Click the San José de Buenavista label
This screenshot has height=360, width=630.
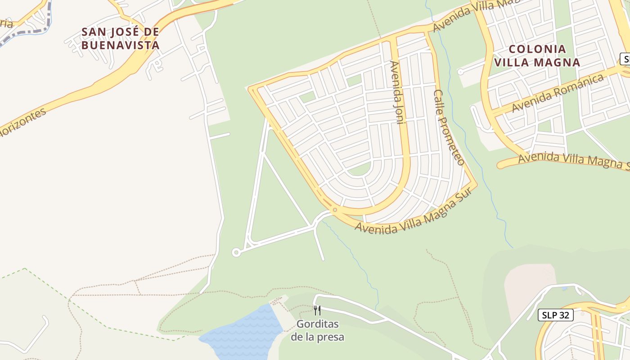(x=120, y=38)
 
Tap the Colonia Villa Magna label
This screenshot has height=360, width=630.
(x=537, y=55)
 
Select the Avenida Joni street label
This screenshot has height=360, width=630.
(x=398, y=92)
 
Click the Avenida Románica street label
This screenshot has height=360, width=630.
(x=558, y=93)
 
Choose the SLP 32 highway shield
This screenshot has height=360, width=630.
(x=555, y=315)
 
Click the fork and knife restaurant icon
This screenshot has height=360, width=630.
(x=317, y=310)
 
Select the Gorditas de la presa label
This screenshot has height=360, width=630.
(x=317, y=330)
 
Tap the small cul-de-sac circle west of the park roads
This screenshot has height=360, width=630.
(x=236, y=252)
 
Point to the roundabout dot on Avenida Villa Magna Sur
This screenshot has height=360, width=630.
(x=335, y=210)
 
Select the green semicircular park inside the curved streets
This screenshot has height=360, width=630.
(x=360, y=169)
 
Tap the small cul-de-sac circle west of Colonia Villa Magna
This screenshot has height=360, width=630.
(x=460, y=72)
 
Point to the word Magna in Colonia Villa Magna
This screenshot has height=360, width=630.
(x=558, y=62)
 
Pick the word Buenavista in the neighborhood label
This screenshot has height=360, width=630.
(x=120, y=45)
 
